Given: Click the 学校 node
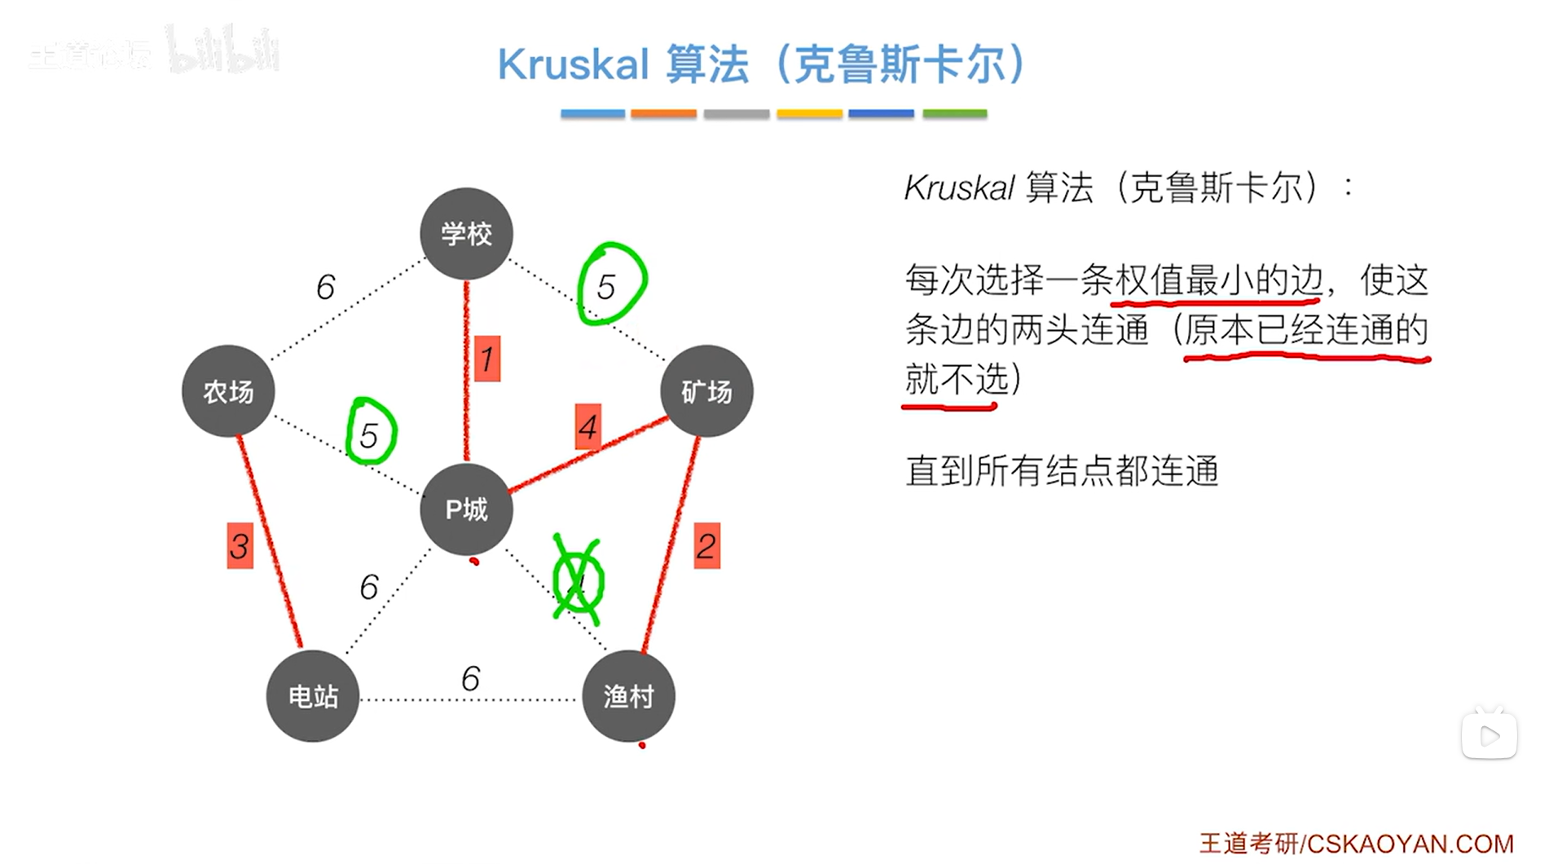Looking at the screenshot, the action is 466,234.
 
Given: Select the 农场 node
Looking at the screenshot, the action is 228,391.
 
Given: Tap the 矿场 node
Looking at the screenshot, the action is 706,391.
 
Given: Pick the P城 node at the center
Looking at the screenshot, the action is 466,509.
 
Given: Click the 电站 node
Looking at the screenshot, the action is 313,696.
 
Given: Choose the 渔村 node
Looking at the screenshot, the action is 628,696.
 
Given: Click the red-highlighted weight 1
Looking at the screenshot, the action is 487,359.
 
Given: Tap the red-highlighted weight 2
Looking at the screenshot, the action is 706,545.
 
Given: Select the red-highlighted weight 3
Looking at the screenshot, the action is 240,545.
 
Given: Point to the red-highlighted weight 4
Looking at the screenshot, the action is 587,426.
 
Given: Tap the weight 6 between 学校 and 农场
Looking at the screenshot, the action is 325,287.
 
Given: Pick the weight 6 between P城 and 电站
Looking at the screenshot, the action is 369,587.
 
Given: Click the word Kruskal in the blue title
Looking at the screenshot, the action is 573,64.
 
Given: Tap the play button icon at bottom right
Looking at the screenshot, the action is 1489,735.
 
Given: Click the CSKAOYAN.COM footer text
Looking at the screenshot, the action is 1410,844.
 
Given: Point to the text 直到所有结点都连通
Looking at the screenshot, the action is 1062,471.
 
